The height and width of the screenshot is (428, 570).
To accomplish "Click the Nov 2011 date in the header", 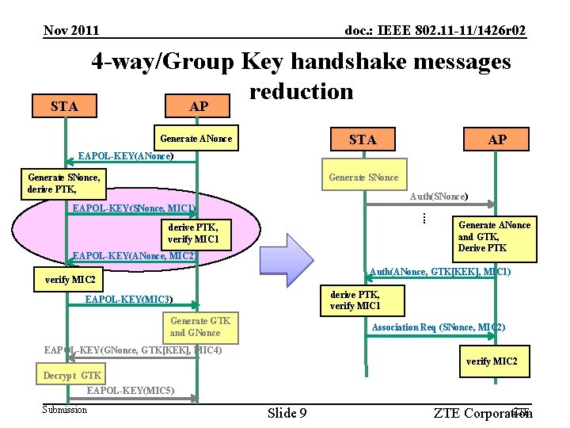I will [x=71, y=30].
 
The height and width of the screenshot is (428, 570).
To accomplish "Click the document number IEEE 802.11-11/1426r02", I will [x=435, y=30].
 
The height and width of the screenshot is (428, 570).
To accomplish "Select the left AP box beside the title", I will [x=199, y=106].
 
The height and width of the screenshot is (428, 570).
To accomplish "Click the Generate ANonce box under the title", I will [x=196, y=139].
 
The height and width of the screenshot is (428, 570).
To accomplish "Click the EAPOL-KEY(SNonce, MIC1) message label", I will [x=134, y=208].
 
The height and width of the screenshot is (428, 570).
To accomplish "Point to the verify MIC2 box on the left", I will [x=70, y=280].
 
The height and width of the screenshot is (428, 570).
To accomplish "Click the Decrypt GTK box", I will [x=72, y=375].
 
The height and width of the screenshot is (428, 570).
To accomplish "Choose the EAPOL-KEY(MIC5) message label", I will [x=131, y=391].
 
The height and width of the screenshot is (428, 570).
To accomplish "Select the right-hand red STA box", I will [x=363, y=139].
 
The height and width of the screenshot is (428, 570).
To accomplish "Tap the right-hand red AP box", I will [x=497, y=139].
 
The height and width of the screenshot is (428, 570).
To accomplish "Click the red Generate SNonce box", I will [x=363, y=177].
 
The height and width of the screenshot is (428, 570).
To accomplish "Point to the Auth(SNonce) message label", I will [x=439, y=196].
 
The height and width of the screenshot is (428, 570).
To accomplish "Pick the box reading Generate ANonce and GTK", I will [x=494, y=237].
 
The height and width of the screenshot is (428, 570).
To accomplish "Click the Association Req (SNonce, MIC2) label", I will [x=439, y=327].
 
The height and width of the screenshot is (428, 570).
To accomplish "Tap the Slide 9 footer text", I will [x=287, y=413].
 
